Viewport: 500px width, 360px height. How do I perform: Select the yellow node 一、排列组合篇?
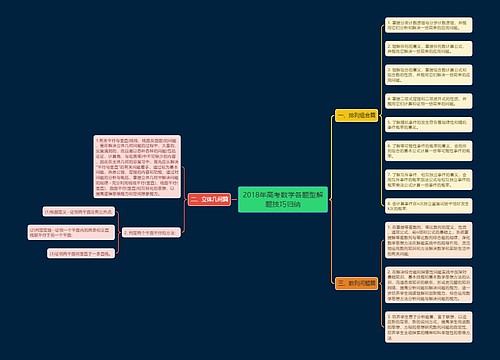click(x=350, y=115)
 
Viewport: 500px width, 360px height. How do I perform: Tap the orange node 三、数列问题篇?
click(x=350, y=283)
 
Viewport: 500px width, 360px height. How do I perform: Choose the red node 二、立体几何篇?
click(x=209, y=200)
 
